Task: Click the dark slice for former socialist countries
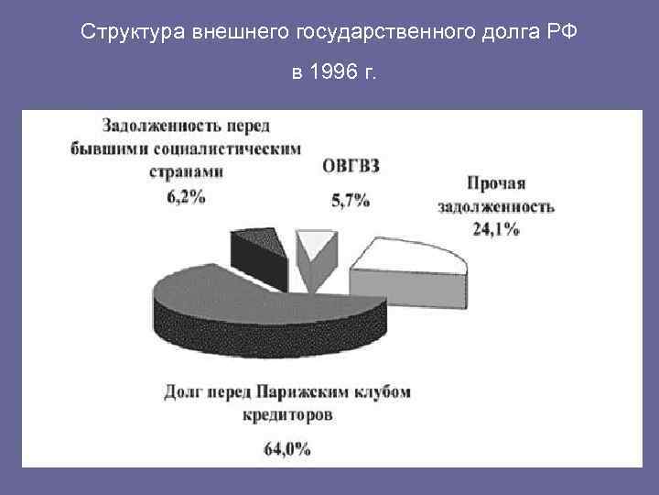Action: tap(254, 247)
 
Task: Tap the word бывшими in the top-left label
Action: tap(109, 148)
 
